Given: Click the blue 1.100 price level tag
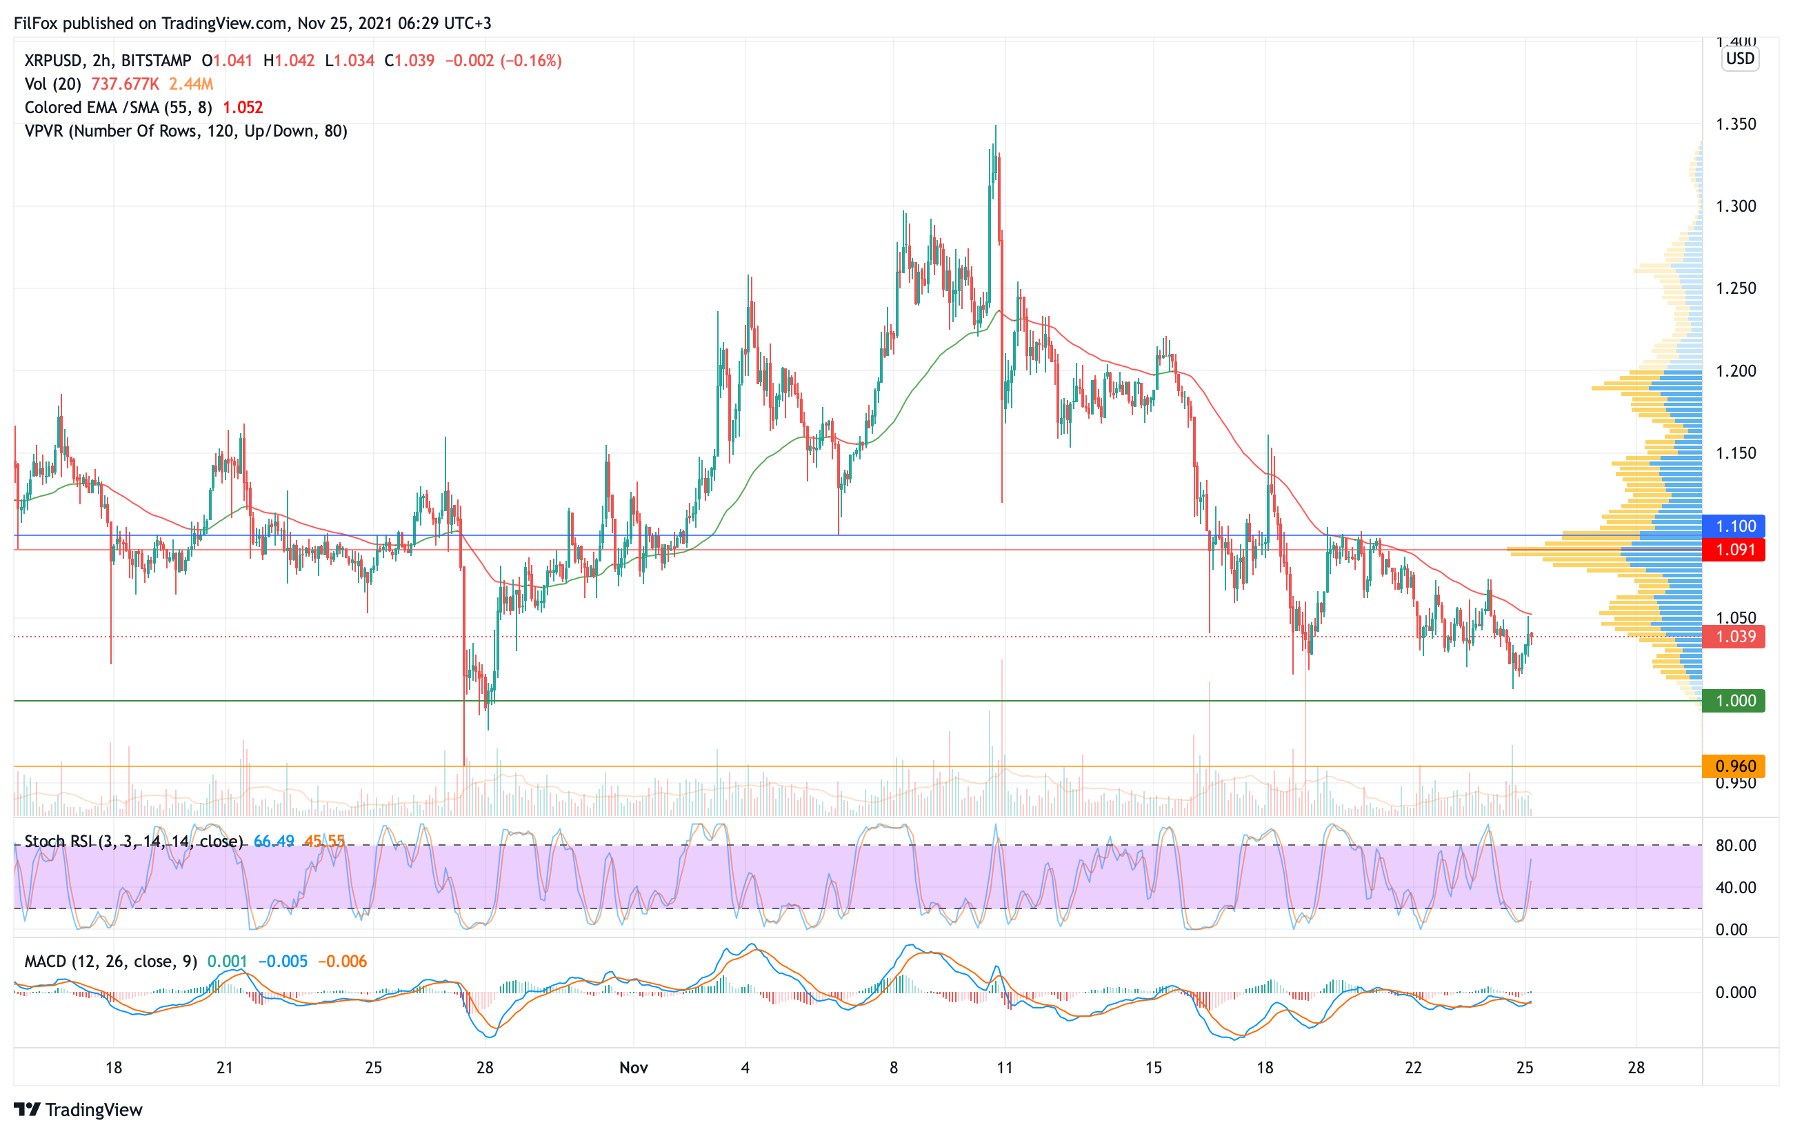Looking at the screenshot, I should click(x=1734, y=526).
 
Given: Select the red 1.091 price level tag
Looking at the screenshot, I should click(x=1734, y=550).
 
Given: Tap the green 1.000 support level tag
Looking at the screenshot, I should click(x=1734, y=701).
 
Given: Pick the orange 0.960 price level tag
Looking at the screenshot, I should click(x=1734, y=766).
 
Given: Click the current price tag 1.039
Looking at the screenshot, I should click(x=1734, y=637).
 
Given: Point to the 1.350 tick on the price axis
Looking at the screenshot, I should click(x=1736, y=124).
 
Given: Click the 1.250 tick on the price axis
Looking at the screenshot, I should click(x=1736, y=288).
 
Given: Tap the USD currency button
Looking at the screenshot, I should click(x=1740, y=59).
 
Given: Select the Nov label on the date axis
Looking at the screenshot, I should click(x=634, y=1068).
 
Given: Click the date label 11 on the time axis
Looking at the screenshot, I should click(x=1005, y=1068).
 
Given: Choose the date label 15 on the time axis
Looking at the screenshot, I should click(x=1152, y=1068).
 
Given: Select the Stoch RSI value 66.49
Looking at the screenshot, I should click(x=273, y=842).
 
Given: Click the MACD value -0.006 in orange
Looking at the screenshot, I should click(x=343, y=962).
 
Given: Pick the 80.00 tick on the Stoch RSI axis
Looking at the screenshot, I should click(x=1736, y=846).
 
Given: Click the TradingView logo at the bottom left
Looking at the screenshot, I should click(x=77, y=1109).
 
